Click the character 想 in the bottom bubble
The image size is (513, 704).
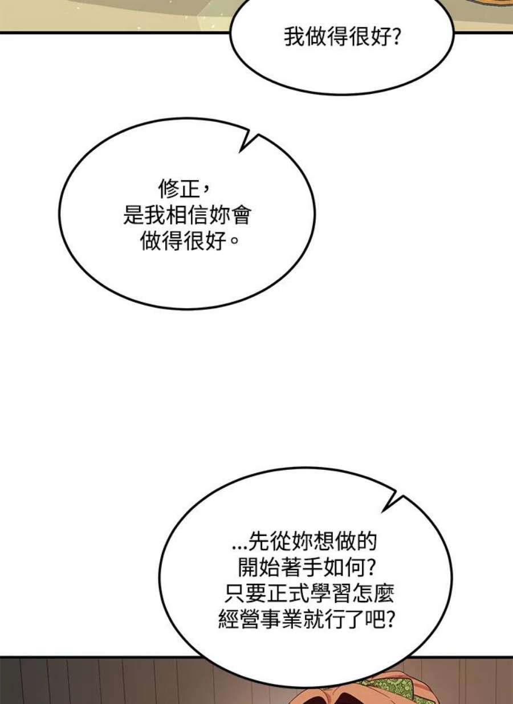323,541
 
